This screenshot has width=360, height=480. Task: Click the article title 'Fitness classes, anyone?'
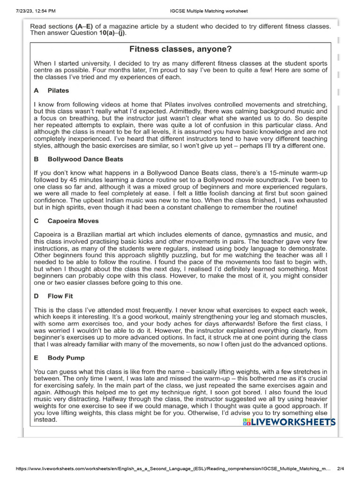[180, 49]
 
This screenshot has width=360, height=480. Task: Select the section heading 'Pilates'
[58, 90]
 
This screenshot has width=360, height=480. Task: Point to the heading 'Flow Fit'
[60, 296]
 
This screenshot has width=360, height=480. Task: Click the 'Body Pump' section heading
[66, 358]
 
